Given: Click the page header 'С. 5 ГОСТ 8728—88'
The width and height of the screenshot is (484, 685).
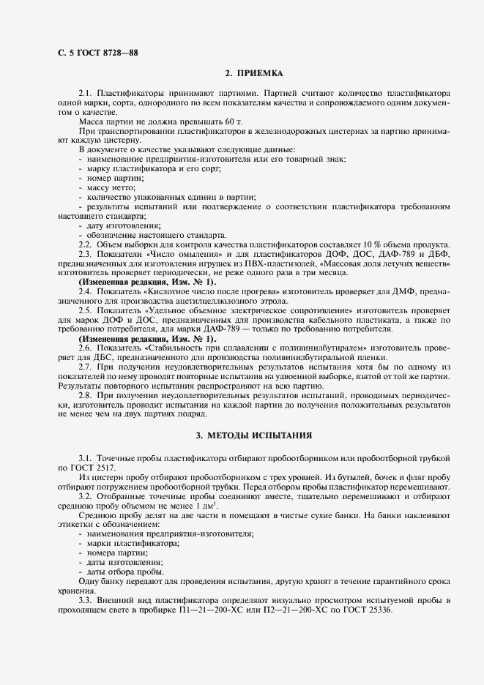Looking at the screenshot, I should [97, 53].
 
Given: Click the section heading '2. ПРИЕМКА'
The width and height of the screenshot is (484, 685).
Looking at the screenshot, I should [254, 74].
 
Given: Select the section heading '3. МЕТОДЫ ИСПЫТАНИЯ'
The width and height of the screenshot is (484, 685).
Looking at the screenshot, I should [254, 435].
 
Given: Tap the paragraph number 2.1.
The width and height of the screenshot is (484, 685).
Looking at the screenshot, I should [86, 94].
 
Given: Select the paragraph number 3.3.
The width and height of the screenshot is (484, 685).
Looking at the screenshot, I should [86, 600].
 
